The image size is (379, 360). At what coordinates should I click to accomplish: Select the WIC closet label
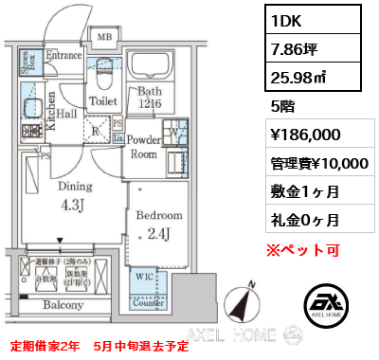[x=141, y=276]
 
